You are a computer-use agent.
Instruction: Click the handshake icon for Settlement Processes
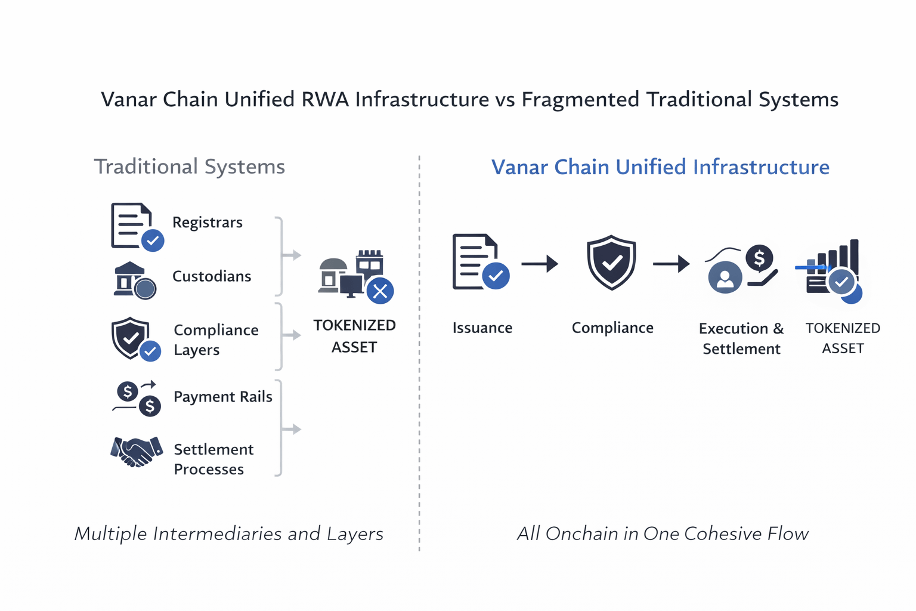137,452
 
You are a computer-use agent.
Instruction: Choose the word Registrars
207,223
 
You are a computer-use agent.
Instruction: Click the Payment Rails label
222,397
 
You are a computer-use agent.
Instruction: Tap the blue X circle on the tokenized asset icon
380,291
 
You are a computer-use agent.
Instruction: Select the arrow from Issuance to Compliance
540,263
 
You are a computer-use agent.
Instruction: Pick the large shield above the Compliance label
611,263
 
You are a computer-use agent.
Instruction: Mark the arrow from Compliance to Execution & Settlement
671,263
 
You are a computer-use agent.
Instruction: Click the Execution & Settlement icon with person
741,267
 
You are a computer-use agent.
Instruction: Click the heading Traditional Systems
189,166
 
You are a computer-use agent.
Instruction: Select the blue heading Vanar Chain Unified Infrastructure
660,167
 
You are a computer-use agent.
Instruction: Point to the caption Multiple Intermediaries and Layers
228,533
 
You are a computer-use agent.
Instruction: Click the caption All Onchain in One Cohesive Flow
663,533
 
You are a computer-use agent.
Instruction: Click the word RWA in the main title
325,99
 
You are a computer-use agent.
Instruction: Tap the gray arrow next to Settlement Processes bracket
291,429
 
